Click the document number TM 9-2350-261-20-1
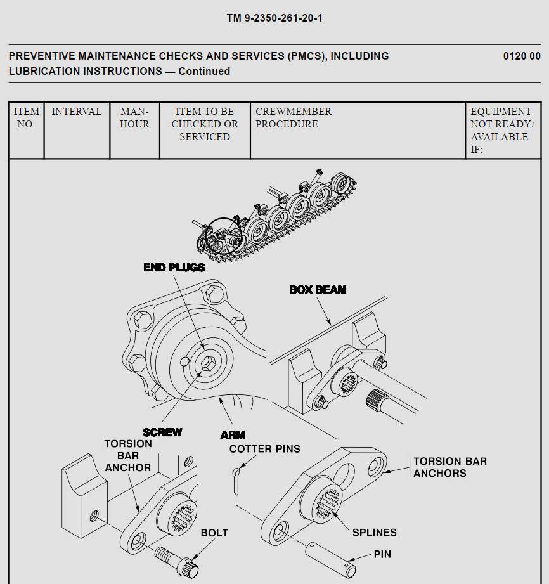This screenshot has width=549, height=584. pos(274,18)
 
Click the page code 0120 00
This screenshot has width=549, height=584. pos(522,56)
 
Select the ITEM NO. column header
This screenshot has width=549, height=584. pos(26,118)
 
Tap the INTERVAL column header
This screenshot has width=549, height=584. pos(77,112)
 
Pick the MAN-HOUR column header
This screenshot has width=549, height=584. pos(134,118)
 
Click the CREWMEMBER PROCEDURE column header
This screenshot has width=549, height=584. pos(294,118)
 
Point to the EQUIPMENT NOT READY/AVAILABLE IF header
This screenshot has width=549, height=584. pos(501,131)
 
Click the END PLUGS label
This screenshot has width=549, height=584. pos(174,268)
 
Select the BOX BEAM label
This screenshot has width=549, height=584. pos(318,290)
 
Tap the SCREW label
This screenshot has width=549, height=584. pos(162,432)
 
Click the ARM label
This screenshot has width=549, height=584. pos(233,435)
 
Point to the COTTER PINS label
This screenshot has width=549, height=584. pos(264,449)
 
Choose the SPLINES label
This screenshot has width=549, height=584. pos(375,533)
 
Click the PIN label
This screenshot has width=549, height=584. pos(382,554)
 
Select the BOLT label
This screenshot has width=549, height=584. pos(214,533)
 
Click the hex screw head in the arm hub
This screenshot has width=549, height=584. pos(207,364)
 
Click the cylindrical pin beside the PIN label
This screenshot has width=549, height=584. pos(330,554)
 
